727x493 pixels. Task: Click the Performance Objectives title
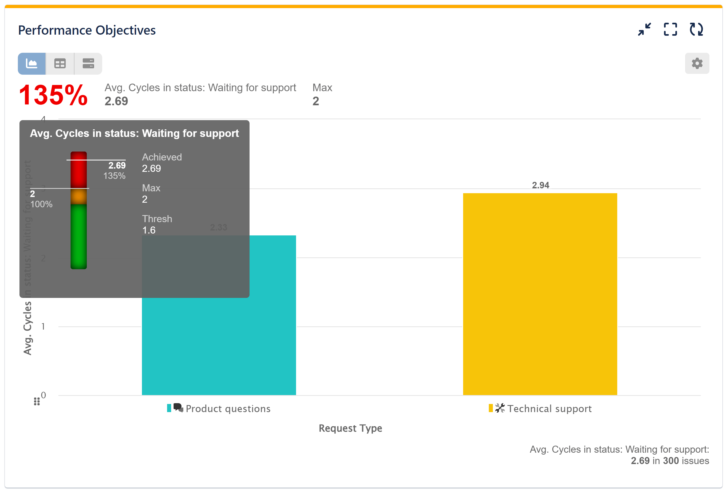(x=87, y=30)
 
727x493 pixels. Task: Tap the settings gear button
(x=697, y=64)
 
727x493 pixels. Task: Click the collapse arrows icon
(x=645, y=29)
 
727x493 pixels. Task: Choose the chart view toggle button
(x=32, y=64)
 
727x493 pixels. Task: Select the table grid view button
(x=60, y=64)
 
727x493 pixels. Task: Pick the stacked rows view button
(x=88, y=64)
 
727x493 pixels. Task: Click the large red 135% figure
(x=53, y=95)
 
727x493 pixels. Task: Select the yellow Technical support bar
(x=540, y=294)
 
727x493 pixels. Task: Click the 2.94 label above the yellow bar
(x=540, y=185)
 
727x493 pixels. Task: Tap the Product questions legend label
(x=228, y=409)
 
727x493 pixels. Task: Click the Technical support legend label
(x=549, y=409)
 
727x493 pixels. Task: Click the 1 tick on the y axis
(x=43, y=327)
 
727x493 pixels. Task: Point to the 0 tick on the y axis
(x=44, y=395)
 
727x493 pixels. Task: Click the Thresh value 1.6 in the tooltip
(x=149, y=230)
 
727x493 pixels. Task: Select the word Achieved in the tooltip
(x=162, y=157)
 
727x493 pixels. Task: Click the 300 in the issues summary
(x=670, y=461)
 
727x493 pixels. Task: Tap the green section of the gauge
(x=78, y=236)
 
